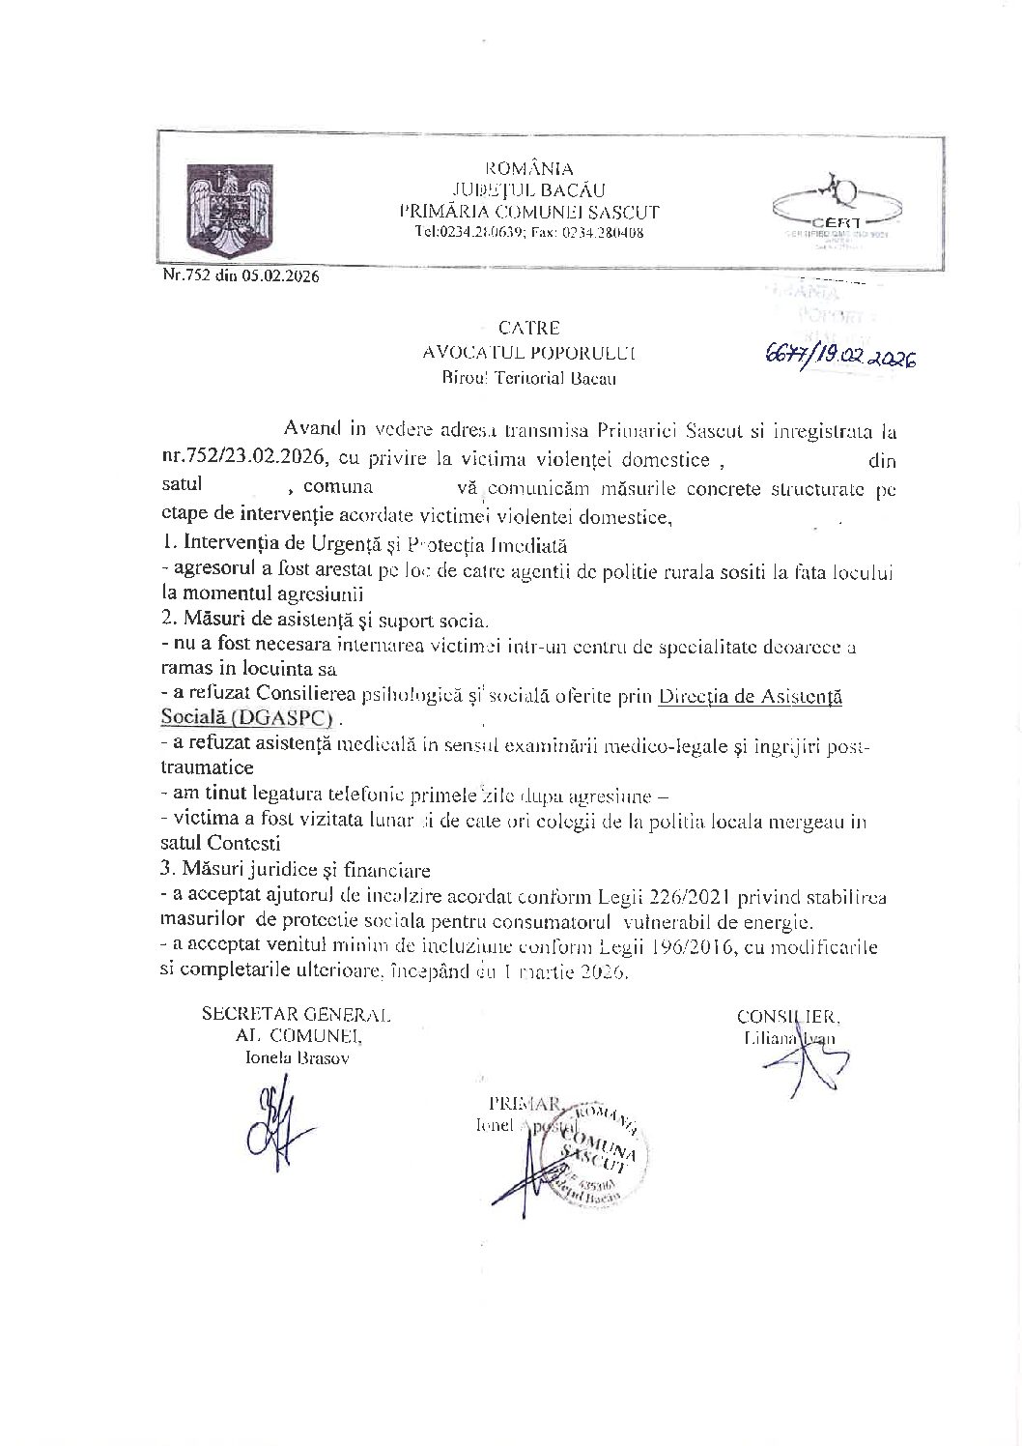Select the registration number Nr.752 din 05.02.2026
(241, 276)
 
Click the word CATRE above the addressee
(528, 329)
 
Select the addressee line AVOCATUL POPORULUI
(529, 354)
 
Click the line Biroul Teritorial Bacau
(529, 379)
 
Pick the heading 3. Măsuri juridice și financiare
(297, 869)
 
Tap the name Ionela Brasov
(297, 1058)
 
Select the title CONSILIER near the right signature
(787, 1017)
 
